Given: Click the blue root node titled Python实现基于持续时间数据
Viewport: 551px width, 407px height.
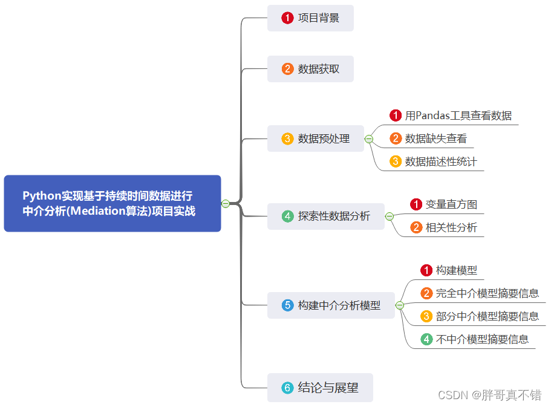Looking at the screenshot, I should [x=112, y=203].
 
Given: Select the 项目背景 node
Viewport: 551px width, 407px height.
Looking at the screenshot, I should [x=310, y=18].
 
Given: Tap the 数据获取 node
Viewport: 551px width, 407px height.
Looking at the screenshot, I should [x=310, y=69].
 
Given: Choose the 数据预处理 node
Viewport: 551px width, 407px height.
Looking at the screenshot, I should [x=316, y=138].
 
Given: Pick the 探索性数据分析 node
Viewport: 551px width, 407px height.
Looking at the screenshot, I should [x=326, y=216].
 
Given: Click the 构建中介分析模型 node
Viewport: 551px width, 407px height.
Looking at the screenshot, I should [x=331, y=305].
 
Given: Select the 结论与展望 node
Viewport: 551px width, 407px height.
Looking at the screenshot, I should [x=320, y=388].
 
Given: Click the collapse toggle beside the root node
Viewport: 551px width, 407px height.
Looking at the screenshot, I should [x=226, y=203].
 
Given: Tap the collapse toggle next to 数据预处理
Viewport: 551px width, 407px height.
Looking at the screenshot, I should [x=369, y=139].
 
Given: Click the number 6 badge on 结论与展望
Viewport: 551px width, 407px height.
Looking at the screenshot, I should [x=287, y=388].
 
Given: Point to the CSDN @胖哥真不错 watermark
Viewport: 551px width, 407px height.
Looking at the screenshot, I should [x=489, y=396].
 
